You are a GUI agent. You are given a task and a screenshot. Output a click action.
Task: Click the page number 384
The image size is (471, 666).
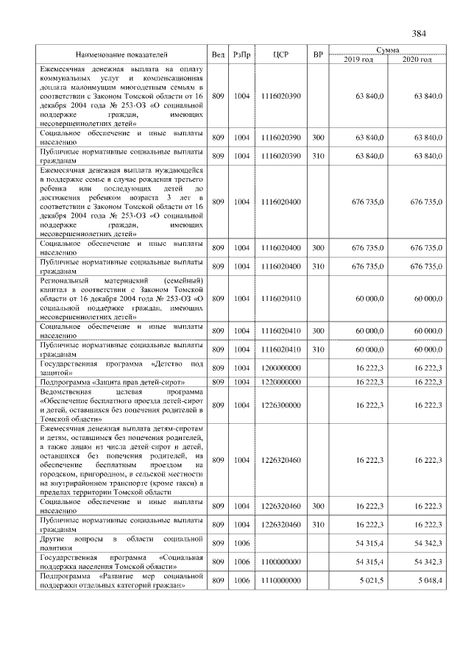(x=419, y=34)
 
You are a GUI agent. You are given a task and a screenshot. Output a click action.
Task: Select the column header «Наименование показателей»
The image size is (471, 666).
(x=121, y=54)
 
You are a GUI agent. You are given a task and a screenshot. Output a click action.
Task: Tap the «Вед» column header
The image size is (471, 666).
(x=218, y=54)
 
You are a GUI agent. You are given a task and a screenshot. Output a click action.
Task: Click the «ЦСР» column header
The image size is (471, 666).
(x=280, y=54)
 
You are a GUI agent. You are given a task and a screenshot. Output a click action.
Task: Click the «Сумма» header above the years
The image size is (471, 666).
(x=387, y=49)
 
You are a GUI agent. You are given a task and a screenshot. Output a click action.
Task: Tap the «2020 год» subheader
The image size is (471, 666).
(x=417, y=59)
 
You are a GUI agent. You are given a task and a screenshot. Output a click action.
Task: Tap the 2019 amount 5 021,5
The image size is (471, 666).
(x=369, y=581)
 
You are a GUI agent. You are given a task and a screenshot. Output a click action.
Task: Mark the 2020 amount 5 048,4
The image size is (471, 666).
(x=428, y=581)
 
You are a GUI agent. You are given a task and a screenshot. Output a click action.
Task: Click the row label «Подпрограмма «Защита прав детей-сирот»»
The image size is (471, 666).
(x=111, y=382)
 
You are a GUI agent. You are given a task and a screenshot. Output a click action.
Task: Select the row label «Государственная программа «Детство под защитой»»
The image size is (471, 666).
(x=121, y=367)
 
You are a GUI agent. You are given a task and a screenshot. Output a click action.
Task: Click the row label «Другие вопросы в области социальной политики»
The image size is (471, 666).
(x=121, y=543)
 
